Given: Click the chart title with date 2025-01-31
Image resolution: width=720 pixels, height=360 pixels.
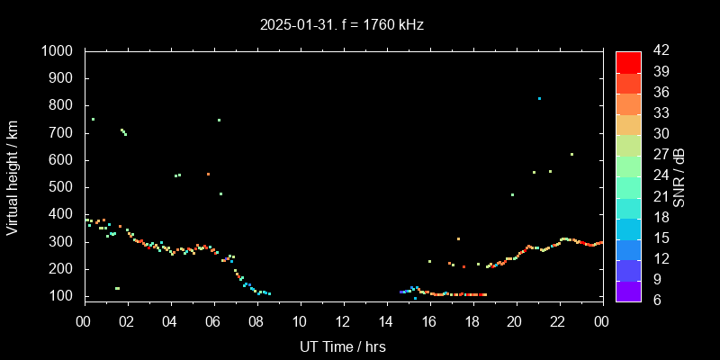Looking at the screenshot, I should [341, 25].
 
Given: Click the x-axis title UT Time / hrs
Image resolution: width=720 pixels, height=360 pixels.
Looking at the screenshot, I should [342, 346].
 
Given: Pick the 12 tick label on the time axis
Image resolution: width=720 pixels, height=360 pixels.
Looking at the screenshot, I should [343, 321].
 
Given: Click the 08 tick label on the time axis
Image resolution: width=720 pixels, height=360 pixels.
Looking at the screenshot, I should [256, 321].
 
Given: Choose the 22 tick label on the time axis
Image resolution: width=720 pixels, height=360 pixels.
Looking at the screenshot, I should [559, 321].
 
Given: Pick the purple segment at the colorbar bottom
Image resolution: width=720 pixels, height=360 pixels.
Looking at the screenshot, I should [628, 291].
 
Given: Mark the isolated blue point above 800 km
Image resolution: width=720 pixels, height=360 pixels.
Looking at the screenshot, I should [539, 98].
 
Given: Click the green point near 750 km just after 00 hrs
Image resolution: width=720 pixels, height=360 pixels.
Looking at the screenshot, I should [93, 119].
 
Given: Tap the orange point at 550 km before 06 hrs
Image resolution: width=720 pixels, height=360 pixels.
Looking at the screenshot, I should [208, 174].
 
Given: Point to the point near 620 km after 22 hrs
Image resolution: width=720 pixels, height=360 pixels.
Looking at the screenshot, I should [571, 154].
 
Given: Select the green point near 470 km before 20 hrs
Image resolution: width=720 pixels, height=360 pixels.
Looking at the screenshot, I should [512, 194].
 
